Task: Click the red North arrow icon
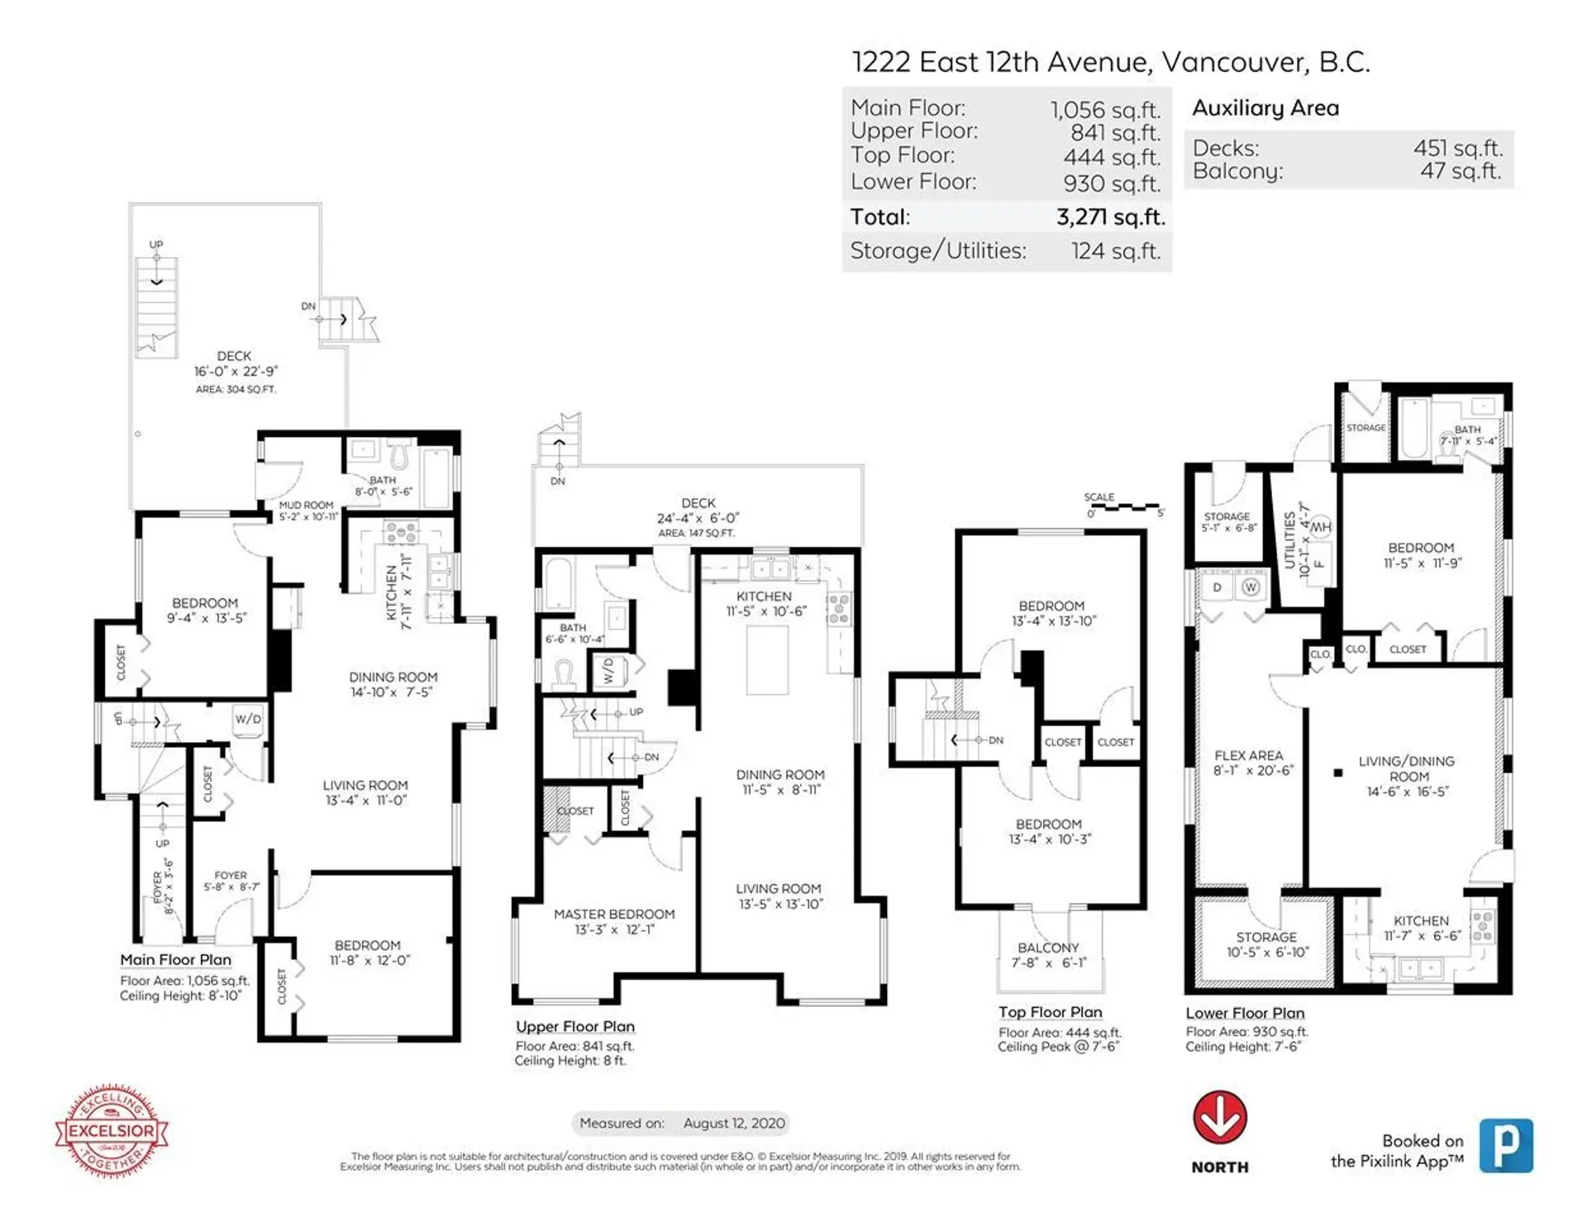(x=1219, y=1117)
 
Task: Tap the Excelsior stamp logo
(x=112, y=1130)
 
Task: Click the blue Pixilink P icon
(x=1506, y=1145)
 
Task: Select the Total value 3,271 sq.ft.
(x=1110, y=217)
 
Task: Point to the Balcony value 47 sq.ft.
(x=1461, y=171)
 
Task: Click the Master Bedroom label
(x=614, y=914)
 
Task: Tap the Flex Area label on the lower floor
(x=1248, y=755)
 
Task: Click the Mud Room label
(x=306, y=505)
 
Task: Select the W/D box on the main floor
(x=248, y=719)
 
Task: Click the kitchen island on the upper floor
(x=767, y=659)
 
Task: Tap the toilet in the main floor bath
(x=400, y=454)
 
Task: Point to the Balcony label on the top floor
(x=1048, y=948)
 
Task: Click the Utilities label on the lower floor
(x=1289, y=539)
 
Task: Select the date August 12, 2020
(x=733, y=1123)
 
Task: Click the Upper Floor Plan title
(x=574, y=1026)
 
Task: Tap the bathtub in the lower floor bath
(x=1414, y=428)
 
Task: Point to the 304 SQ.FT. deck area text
(x=236, y=389)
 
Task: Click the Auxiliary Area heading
(x=1265, y=108)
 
